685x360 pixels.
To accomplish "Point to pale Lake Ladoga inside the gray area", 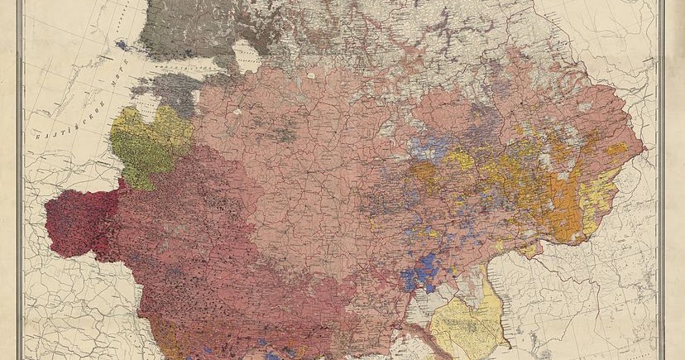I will [246, 56].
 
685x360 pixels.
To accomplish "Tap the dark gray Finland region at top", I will [186, 33].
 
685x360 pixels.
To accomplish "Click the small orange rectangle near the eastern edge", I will [617, 149].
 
